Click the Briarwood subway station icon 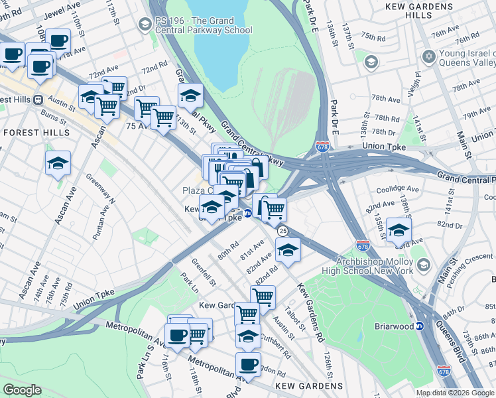coord(420,326)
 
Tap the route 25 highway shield coord(282,231)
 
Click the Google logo coord(22,389)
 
